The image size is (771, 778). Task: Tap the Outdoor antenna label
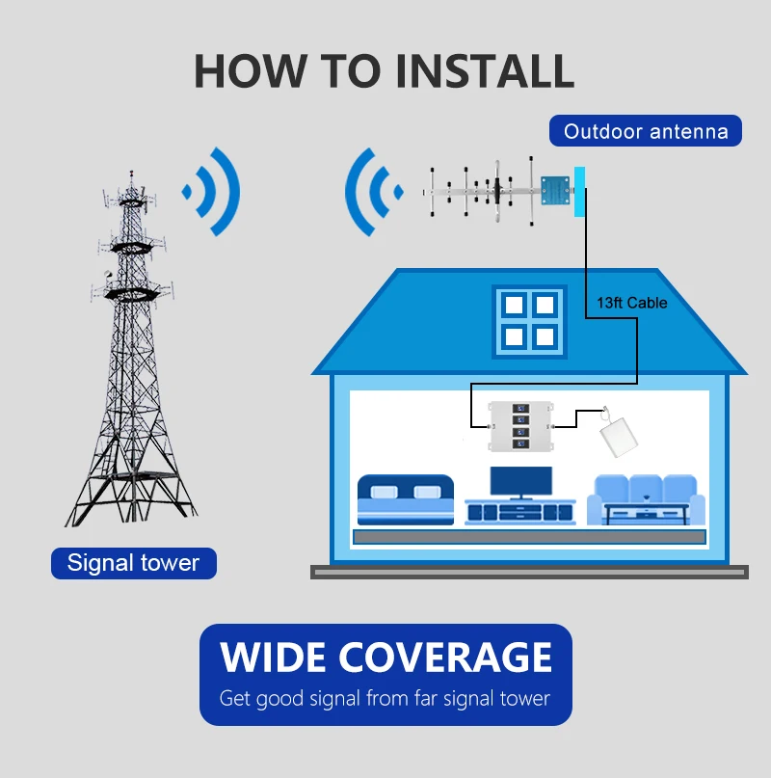[x=645, y=131]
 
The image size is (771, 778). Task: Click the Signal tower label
[x=133, y=563]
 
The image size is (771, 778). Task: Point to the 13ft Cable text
[x=631, y=303]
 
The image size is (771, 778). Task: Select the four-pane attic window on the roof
[x=528, y=320]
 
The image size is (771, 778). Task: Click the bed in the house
[x=405, y=498]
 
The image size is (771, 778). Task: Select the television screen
[x=520, y=481]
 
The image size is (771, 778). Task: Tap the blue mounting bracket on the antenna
[x=554, y=190]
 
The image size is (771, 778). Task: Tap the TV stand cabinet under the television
[x=520, y=511]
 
